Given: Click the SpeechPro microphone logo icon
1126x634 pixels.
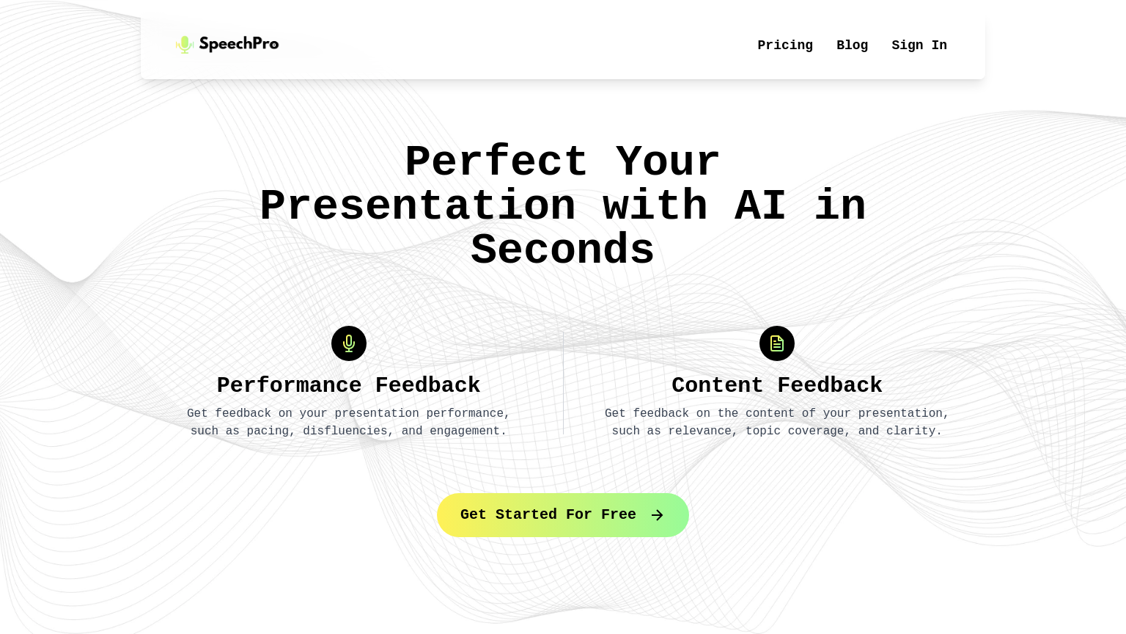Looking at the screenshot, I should [x=184, y=45].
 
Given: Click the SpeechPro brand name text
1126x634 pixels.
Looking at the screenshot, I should [x=239, y=44].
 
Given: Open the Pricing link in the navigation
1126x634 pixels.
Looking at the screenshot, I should [x=785, y=45].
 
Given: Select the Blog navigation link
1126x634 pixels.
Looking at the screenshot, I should [x=852, y=45].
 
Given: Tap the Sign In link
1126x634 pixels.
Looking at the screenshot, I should [x=919, y=45].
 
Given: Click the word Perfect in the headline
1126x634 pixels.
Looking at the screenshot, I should [x=496, y=162].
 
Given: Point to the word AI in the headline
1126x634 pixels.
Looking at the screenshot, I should [x=760, y=206].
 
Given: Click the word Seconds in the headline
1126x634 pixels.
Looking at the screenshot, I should [x=562, y=250].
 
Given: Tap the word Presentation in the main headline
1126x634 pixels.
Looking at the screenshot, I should [x=418, y=206].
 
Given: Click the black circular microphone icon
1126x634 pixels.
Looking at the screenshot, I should [x=349, y=343].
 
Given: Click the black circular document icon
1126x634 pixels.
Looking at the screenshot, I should [x=777, y=343].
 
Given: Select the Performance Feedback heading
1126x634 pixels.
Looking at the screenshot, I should [x=349, y=385].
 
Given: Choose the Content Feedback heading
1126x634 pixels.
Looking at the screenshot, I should [x=777, y=385].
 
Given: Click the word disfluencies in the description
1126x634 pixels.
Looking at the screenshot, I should [x=345, y=431].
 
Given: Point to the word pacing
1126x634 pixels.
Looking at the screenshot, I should [x=268, y=431].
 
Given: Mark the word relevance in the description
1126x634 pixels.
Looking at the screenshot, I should [x=700, y=431].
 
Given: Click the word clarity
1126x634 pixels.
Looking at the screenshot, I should [x=913, y=431].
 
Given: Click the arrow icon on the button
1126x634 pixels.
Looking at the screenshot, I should [x=658, y=515].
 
